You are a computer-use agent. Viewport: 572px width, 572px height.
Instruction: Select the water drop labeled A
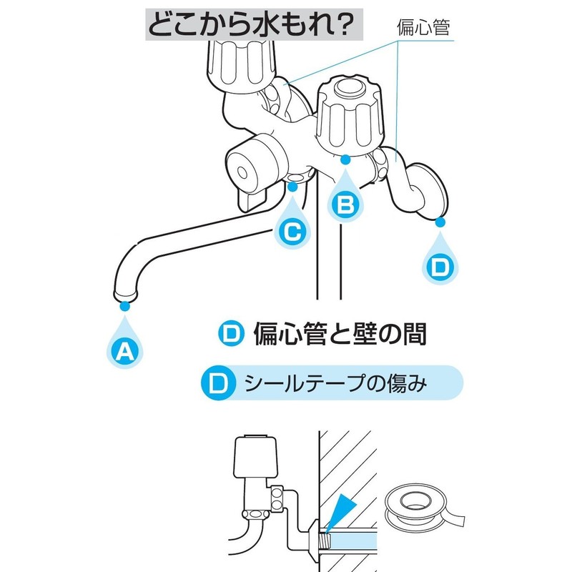[x=126, y=348]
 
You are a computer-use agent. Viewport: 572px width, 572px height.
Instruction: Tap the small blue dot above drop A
[x=126, y=306]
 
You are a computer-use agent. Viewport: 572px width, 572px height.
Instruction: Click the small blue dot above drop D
[x=440, y=222]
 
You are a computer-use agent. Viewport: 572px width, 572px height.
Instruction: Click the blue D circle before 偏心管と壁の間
[x=230, y=333]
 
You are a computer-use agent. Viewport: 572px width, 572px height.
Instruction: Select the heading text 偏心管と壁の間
[x=340, y=333]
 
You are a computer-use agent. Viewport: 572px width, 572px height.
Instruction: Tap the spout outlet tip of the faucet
[x=125, y=292]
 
